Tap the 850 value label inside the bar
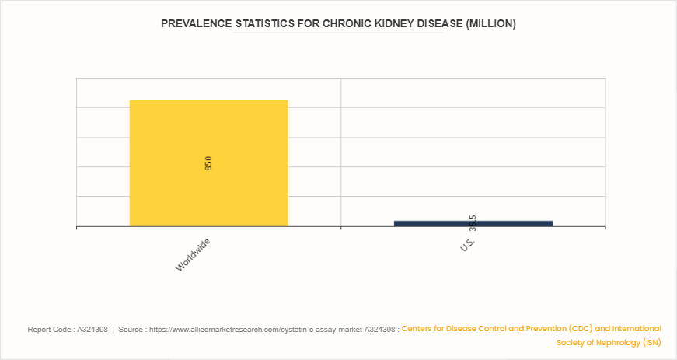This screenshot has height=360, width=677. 208,163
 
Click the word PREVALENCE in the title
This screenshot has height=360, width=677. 195,24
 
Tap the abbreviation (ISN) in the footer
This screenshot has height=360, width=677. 648,342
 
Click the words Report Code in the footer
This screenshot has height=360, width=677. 48,330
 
